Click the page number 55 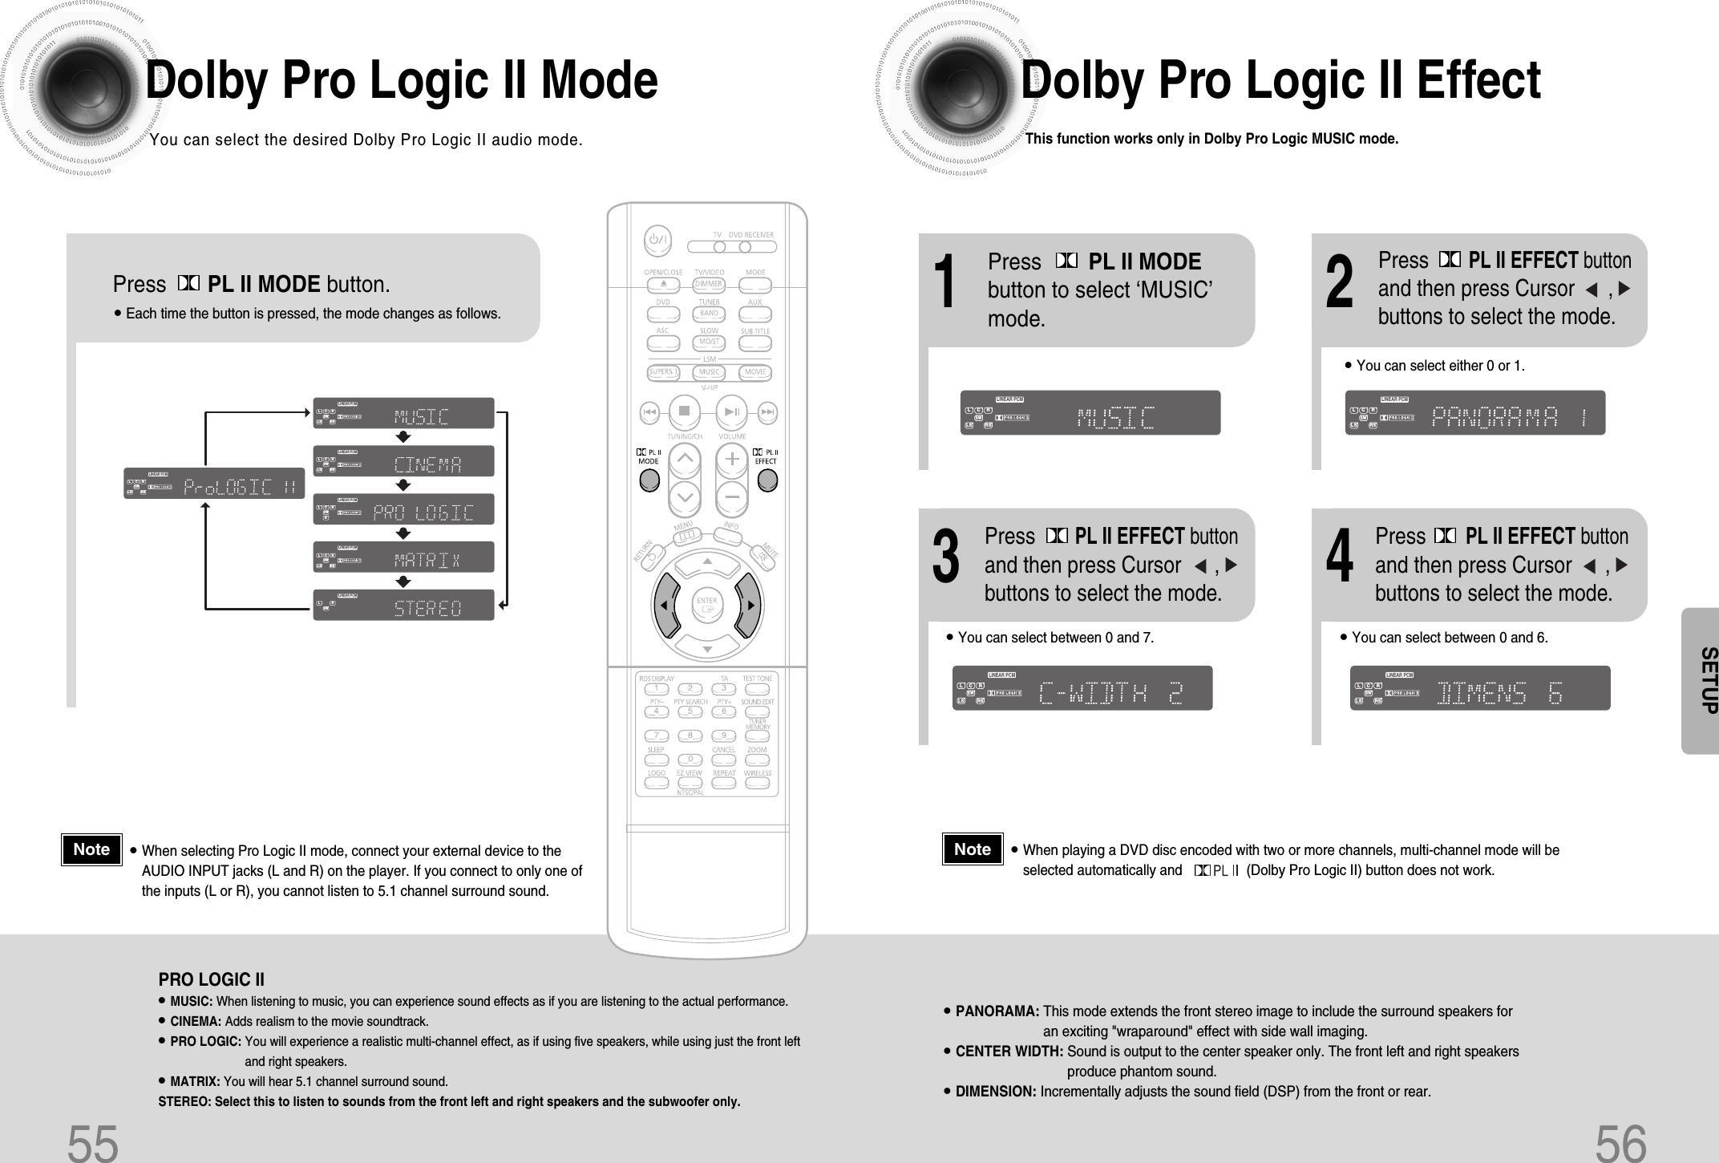click(93, 1143)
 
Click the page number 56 click(1621, 1143)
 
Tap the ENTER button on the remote click(706, 605)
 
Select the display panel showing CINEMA click(403, 461)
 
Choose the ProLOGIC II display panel click(214, 483)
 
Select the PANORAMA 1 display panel click(1474, 413)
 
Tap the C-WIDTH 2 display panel click(1082, 688)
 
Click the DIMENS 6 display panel click(1480, 688)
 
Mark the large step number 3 click(946, 559)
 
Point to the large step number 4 click(1339, 559)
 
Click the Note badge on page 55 click(91, 849)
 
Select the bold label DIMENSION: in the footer click(996, 1092)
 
